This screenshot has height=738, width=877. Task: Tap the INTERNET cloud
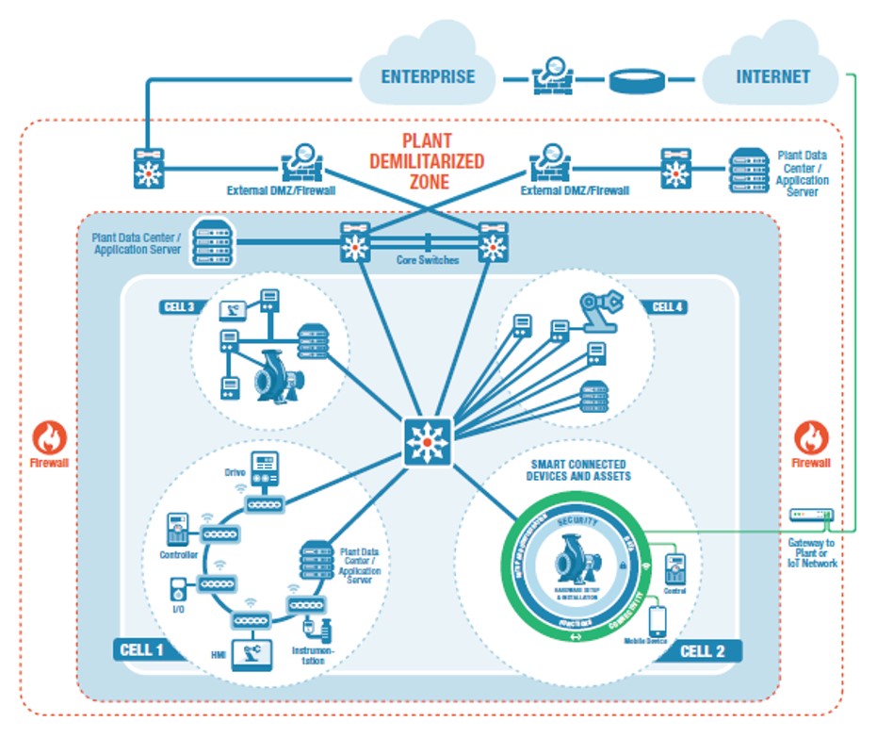click(771, 75)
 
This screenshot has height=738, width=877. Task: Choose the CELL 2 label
click(708, 650)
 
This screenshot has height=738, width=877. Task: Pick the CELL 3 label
click(179, 306)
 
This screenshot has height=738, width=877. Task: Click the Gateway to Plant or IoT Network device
click(811, 515)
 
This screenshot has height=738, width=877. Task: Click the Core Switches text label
click(427, 260)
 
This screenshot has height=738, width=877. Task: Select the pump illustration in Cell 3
click(273, 377)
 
